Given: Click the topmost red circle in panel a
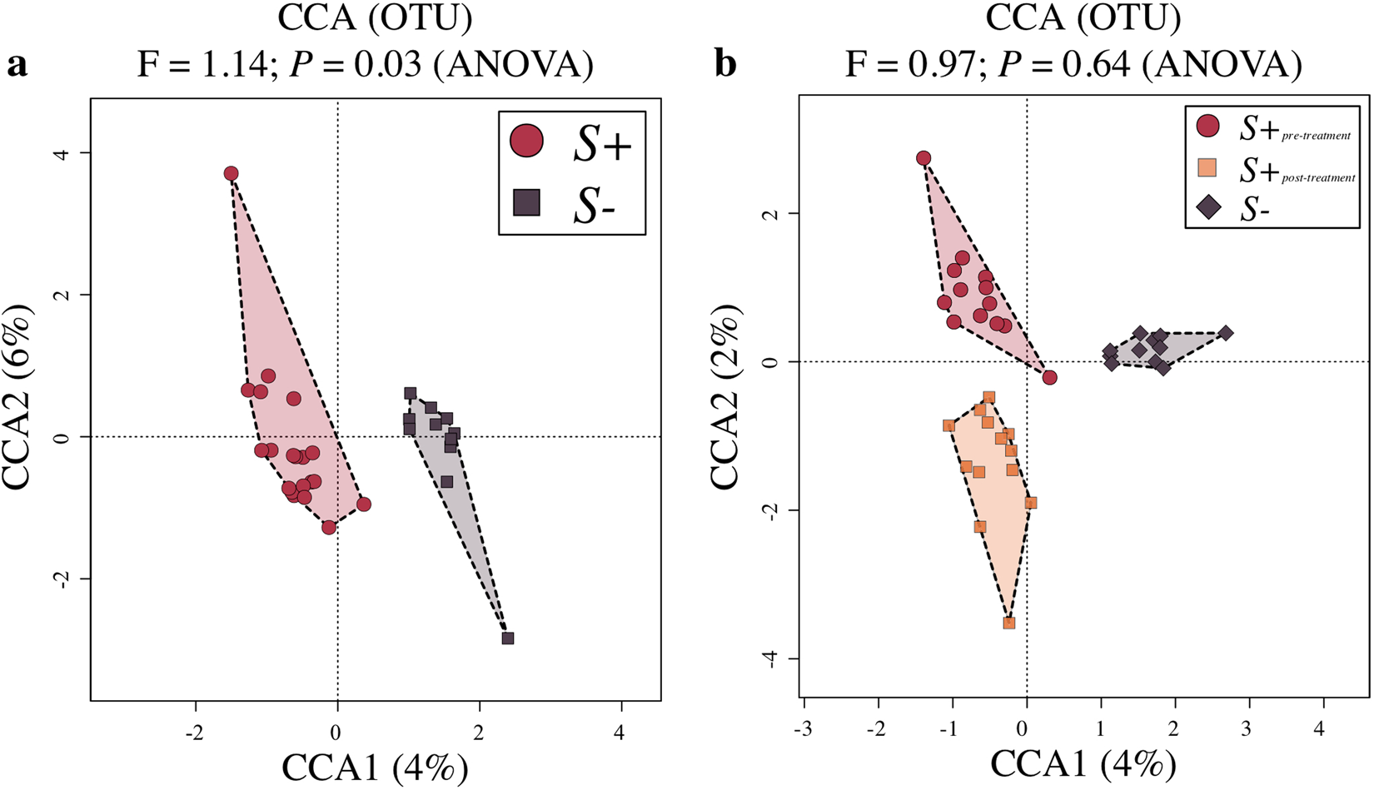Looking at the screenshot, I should point(231,173).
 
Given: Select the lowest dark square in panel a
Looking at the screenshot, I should point(507,638).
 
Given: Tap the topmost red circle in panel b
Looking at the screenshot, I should point(923,158).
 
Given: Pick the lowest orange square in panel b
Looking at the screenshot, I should point(1009,623).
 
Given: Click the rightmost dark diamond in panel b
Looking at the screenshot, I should point(1225,333).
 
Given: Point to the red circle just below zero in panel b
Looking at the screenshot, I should point(1050,377).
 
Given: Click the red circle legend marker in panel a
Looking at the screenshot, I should point(526,142).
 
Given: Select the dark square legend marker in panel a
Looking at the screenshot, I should point(526,202).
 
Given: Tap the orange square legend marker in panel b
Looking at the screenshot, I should point(1207,168).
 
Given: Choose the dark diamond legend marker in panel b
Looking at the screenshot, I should point(1207,208).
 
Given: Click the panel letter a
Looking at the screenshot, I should point(16,64).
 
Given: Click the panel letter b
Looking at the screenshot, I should point(725,63).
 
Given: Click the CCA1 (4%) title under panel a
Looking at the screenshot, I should point(375,767).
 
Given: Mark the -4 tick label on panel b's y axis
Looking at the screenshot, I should point(771,658).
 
